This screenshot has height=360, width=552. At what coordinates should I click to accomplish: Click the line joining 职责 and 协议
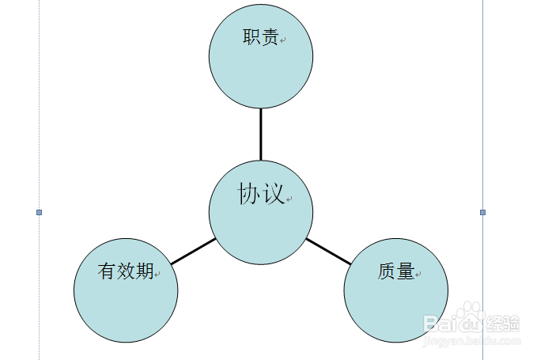click(x=261, y=135)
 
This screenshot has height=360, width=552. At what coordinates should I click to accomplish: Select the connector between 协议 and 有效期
click(x=193, y=251)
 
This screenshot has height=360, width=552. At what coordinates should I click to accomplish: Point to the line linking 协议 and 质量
click(x=328, y=251)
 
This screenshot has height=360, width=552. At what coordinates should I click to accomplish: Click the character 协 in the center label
click(x=249, y=195)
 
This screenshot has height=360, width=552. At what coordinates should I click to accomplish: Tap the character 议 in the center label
click(x=273, y=195)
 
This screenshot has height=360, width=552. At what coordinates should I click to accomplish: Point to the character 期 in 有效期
click(x=144, y=271)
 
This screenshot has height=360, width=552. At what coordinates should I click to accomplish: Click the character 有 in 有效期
click(x=107, y=271)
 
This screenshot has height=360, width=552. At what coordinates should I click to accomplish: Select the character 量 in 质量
click(x=406, y=271)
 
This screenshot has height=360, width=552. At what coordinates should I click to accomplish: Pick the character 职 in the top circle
click(x=251, y=37)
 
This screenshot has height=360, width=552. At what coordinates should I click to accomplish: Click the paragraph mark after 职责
click(x=282, y=40)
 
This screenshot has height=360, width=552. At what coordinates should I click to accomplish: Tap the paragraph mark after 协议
click(x=289, y=199)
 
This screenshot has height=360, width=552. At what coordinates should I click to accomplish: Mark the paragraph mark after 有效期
click(x=157, y=275)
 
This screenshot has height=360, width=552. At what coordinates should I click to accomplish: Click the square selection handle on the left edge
click(x=39, y=212)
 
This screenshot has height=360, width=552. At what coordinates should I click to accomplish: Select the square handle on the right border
click(x=483, y=212)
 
